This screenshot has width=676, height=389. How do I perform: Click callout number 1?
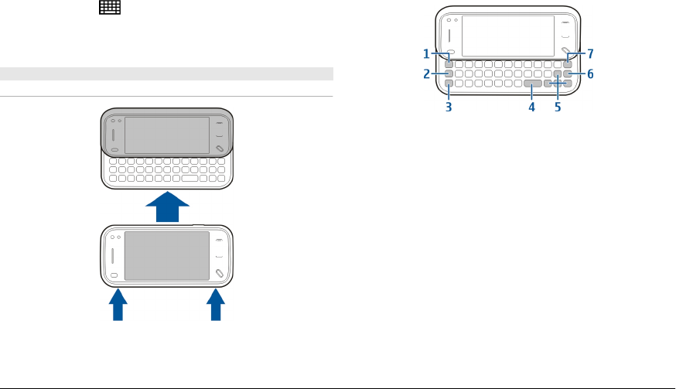tap(426, 54)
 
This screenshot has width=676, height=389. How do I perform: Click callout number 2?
tap(426, 74)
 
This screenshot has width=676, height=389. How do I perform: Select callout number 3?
tap(449, 107)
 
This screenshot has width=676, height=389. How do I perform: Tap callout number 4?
tap(532, 107)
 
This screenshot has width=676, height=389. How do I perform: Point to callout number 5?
tap(558, 107)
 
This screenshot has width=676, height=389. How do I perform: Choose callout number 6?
tap(590, 74)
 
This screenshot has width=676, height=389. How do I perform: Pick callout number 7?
tap(590, 54)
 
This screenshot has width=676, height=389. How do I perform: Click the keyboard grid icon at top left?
tap(109, 8)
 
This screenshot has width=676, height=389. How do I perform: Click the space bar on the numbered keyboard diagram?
tap(532, 83)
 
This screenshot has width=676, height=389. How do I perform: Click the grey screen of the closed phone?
tap(167, 255)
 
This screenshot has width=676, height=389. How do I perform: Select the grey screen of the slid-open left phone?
tap(167, 135)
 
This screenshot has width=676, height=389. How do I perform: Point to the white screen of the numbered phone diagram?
tap(507, 35)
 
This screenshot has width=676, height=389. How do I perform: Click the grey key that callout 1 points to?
tap(449, 63)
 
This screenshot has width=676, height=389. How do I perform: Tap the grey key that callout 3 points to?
tap(449, 83)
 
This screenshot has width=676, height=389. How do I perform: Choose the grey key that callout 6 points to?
tap(568, 73)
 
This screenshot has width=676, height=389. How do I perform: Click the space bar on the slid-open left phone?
tap(189, 179)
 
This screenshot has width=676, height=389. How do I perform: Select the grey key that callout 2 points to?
tap(449, 73)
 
